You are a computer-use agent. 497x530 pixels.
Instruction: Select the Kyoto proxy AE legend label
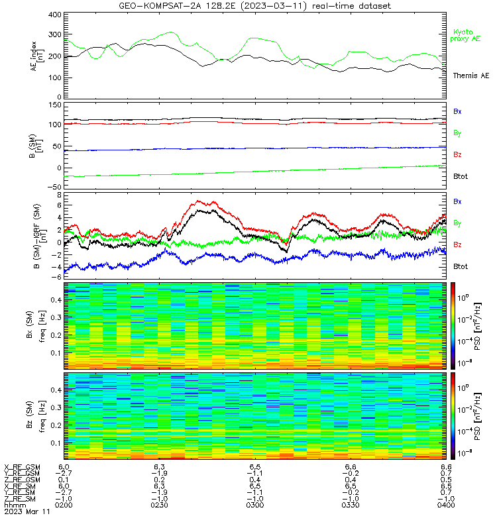(465, 36)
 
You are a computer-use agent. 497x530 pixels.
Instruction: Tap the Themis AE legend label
(471, 76)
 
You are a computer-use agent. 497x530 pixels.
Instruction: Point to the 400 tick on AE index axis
(55, 15)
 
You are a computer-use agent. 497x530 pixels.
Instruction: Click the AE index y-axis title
(37, 56)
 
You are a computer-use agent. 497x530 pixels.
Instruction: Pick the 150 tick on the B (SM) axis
(55, 105)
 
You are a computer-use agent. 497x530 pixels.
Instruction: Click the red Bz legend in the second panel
(457, 154)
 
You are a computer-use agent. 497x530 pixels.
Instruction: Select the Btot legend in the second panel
(461, 176)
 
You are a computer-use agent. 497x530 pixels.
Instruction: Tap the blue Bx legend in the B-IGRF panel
(457, 201)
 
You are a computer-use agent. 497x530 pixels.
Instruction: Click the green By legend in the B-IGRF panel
(457, 223)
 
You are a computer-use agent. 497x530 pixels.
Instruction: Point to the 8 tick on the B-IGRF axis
(60, 195)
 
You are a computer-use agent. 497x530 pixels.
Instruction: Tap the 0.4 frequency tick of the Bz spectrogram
(56, 390)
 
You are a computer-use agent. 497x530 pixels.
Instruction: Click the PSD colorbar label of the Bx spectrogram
(478, 327)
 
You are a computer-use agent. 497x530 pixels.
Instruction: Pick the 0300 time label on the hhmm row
(255, 505)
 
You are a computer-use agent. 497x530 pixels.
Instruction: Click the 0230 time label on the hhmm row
(159, 505)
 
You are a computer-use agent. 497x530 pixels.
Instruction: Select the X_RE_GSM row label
(22, 468)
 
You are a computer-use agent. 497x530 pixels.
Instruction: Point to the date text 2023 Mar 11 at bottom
(27, 511)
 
